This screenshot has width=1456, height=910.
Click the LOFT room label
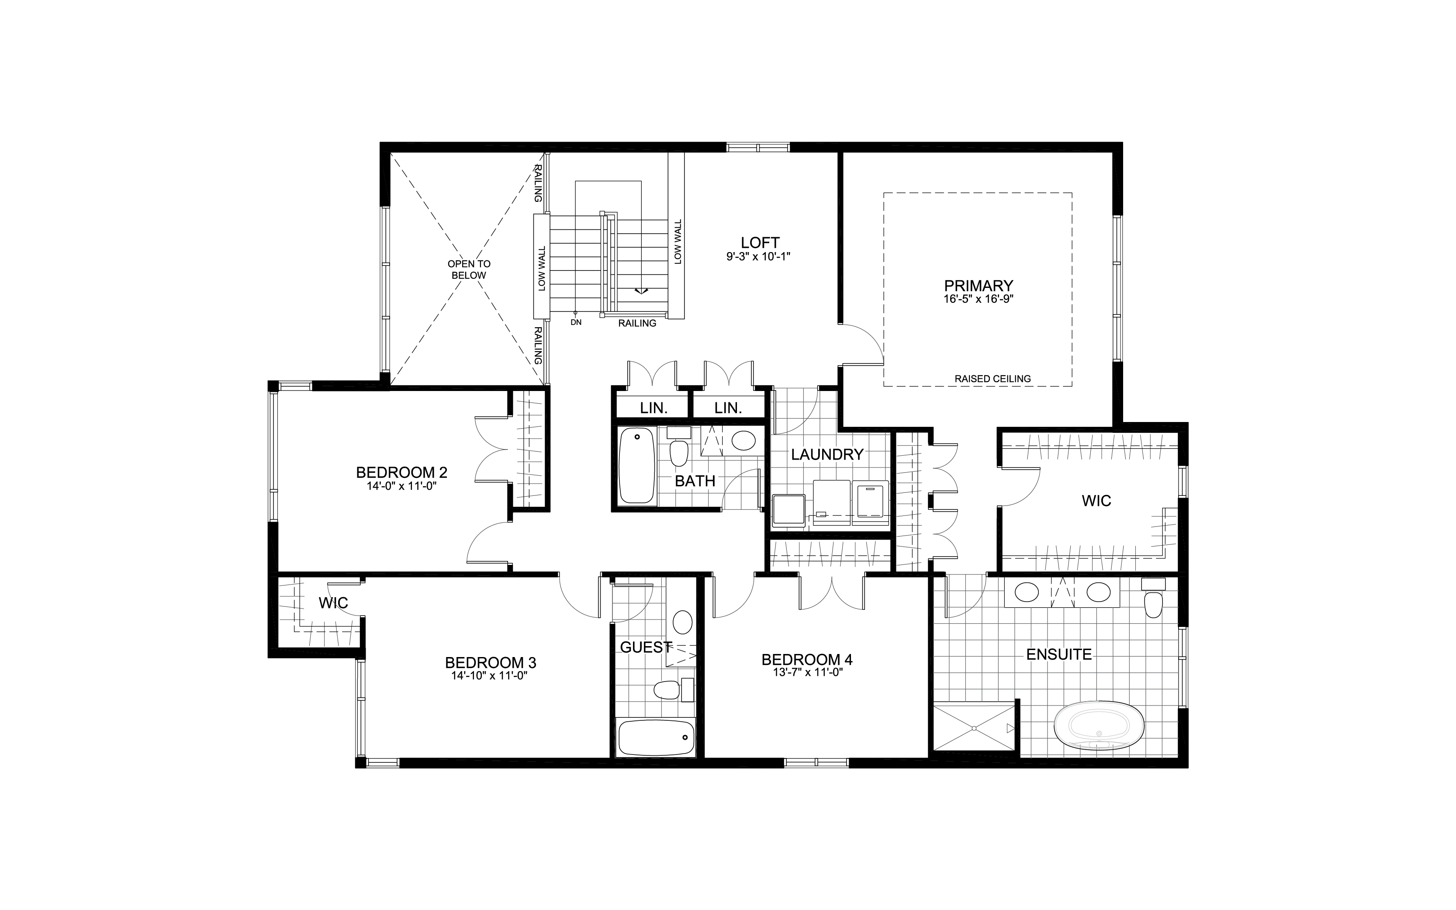(759, 242)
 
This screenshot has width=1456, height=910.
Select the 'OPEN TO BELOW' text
(469, 269)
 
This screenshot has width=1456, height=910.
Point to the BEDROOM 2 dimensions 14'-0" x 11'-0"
(401, 486)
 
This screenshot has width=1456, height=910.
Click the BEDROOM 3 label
(490, 663)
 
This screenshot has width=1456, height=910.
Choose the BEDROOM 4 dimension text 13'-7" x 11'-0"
(807, 672)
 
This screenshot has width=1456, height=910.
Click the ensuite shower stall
(973, 727)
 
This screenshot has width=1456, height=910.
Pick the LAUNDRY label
(827, 454)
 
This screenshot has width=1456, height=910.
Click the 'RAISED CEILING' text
(992, 379)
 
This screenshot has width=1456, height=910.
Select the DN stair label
(576, 322)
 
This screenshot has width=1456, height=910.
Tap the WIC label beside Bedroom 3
(333, 602)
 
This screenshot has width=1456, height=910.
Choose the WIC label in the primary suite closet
(1096, 501)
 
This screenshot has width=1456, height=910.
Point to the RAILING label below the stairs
(637, 323)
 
